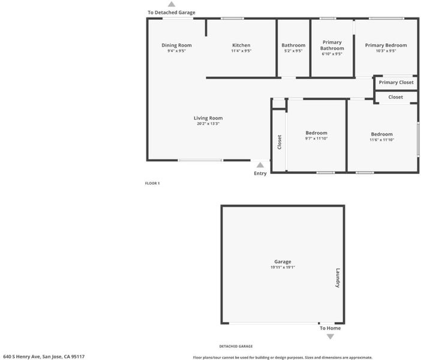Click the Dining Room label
[177, 45]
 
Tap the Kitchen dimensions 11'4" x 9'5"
[241, 51]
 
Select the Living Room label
[208, 118]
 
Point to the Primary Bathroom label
[332, 45]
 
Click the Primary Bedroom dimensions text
[386, 51]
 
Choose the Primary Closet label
[396, 82]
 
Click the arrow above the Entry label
[260, 164]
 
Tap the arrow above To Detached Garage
[172, 4]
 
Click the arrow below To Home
[330, 337]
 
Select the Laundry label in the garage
[338, 278]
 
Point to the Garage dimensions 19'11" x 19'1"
[282, 268]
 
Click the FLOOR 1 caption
[152, 183]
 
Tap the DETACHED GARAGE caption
[236, 346]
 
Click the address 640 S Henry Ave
[22, 356]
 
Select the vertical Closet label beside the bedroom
[279, 142]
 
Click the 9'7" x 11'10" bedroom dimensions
[316, 139]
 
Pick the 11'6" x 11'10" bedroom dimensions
[381, 140]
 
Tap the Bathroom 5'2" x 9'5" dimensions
[293, 51]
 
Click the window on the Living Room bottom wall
[200, 160]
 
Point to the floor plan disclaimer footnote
[282, 358]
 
